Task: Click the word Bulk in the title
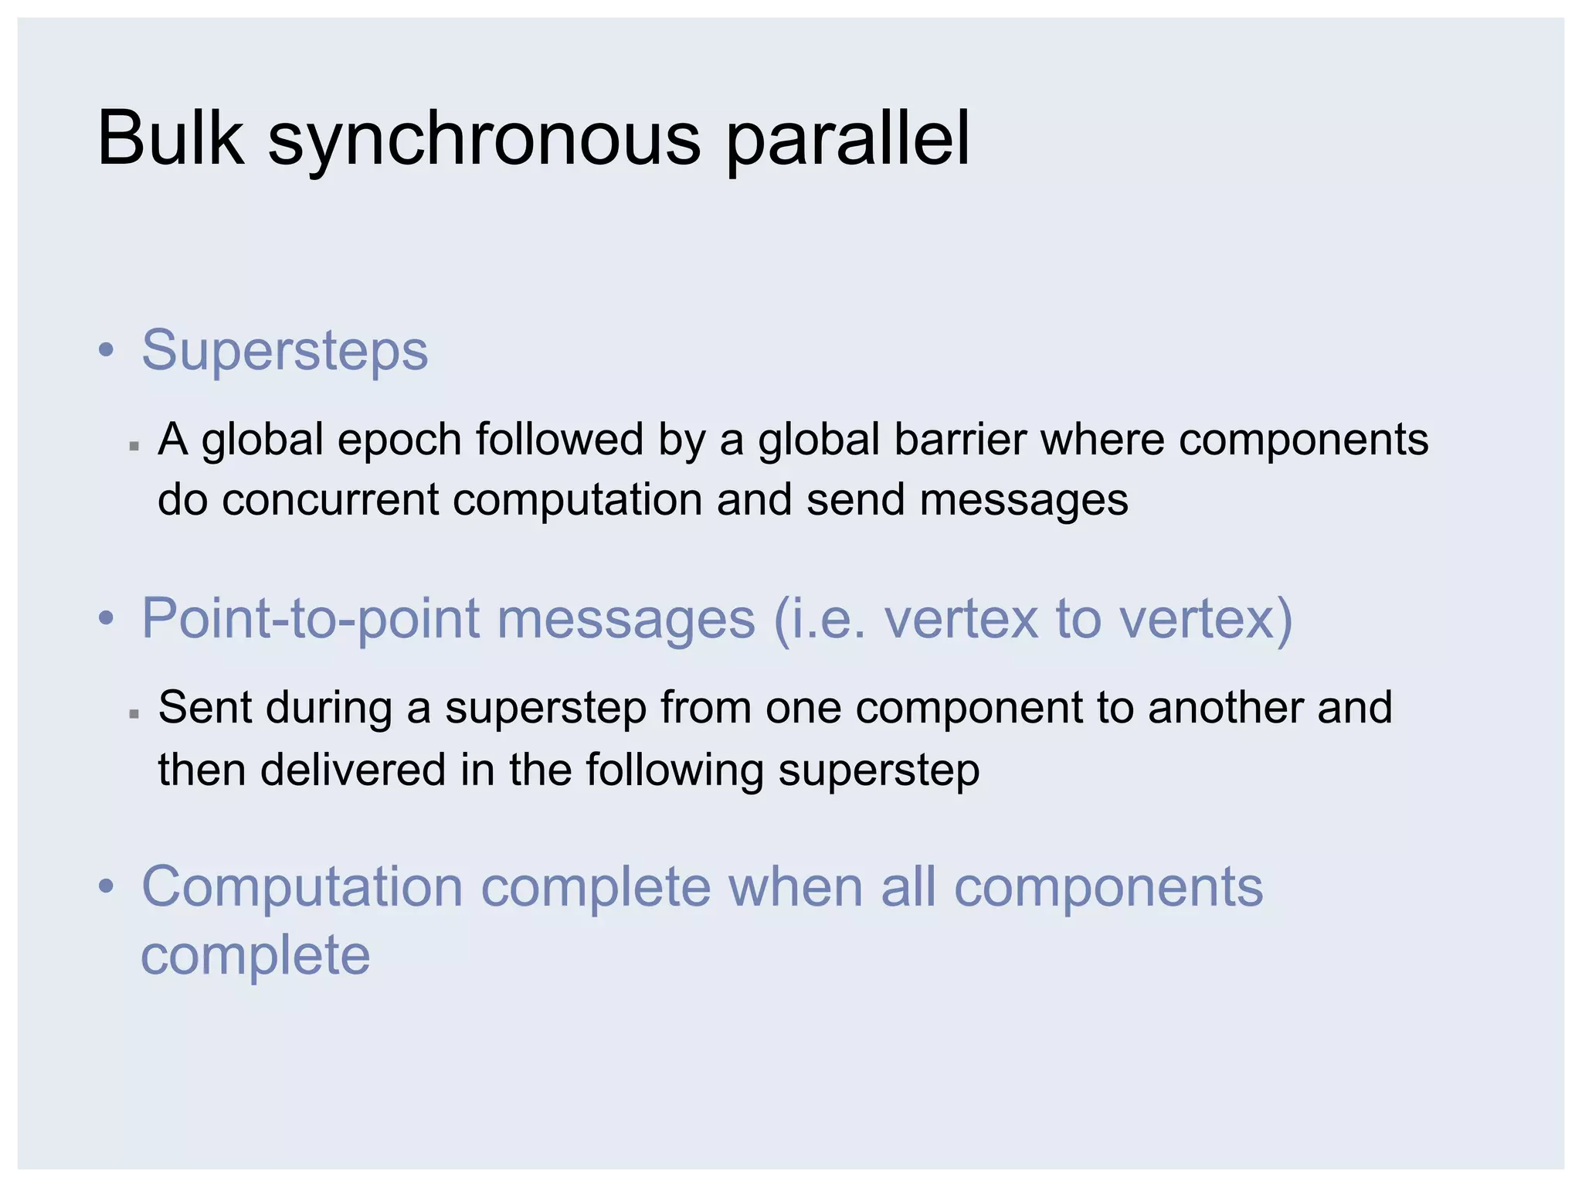click(171, 139)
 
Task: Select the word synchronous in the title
click(484, 141)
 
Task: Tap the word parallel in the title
click(847, 139)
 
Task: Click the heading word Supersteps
click(284, 350)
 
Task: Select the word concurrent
click(330, 499)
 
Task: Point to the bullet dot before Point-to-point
click(107, 619)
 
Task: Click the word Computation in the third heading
click(302, 887)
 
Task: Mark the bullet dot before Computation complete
click(107, 887)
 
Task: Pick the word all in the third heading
click(908, 887)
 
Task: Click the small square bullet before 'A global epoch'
click(134, 446)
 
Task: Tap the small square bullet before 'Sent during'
click(134, 714)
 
